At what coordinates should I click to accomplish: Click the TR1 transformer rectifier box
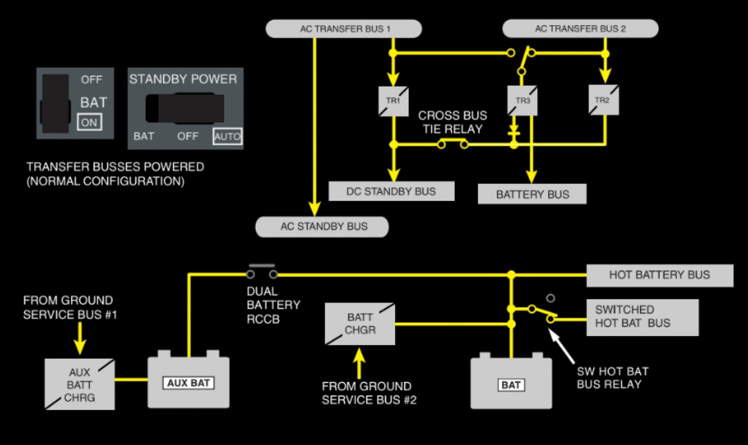point(394,102)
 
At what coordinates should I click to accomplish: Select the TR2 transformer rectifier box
point(604,100)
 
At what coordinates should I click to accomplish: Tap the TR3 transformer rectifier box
point(522,101)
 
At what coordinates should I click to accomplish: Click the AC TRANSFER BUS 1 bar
point(344,29)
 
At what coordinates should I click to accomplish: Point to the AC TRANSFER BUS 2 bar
point(580,29)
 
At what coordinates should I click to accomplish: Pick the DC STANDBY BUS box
point(391,191)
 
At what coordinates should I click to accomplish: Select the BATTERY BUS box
point(532,194)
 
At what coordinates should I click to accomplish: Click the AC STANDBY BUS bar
point(322,227)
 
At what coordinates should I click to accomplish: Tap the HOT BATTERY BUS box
point(660,276)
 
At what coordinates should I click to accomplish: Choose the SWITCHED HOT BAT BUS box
point(643,318)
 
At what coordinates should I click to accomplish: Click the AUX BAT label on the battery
point(188,383)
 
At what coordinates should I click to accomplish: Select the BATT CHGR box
point(360,324)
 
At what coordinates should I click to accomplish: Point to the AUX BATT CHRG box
point(80,384)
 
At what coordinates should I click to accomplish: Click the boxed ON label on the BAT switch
point(90,122)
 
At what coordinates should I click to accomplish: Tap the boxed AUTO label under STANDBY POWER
point(228,136)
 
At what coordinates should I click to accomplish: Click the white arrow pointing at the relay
point(562,346)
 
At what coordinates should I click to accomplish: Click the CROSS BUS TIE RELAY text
point(453,122)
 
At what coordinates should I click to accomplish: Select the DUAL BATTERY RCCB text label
point(274,305)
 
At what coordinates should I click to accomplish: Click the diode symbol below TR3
point(514,131)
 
